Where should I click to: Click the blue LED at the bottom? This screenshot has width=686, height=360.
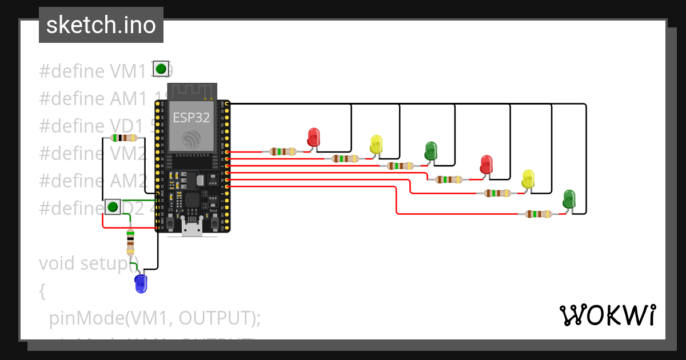pyautogui.click(x=141, y=283)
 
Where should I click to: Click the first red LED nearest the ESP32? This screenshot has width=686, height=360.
pyautogui.click(x=313, y=137)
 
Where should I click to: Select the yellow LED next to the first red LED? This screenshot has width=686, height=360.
pyautogui.click(x=376, y=144)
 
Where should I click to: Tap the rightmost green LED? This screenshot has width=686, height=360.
pyautogui.click(x=569, y=199)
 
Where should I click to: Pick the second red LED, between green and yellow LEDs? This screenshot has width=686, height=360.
pyautogui.click(x=486, y=164)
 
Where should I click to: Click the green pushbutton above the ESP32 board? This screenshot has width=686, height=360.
pyautogui.click(x=161, y=69)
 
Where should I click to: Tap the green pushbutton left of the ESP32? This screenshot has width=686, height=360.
pyautogui.click(x=113, y=206)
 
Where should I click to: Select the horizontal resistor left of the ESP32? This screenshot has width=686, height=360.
pyautogui.click(x=123, y=138)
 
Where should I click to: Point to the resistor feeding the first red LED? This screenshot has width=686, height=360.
pyautogui.click(x=283, y=151)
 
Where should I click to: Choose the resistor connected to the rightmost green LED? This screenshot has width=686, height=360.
pyautogui.click(x=539, y=214)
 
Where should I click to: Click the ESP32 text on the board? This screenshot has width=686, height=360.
pyautogui.click(x=192, y=118)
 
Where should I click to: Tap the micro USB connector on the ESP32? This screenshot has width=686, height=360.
pyautogui.click(x=192, y=228)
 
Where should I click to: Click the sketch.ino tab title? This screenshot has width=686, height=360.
pyautogui.click(x=101, y=25)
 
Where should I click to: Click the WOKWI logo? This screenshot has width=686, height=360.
pyautogui.click(x=607, y=315)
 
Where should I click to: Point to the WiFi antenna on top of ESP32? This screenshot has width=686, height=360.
pyautogui.click(x=192, y=91)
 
